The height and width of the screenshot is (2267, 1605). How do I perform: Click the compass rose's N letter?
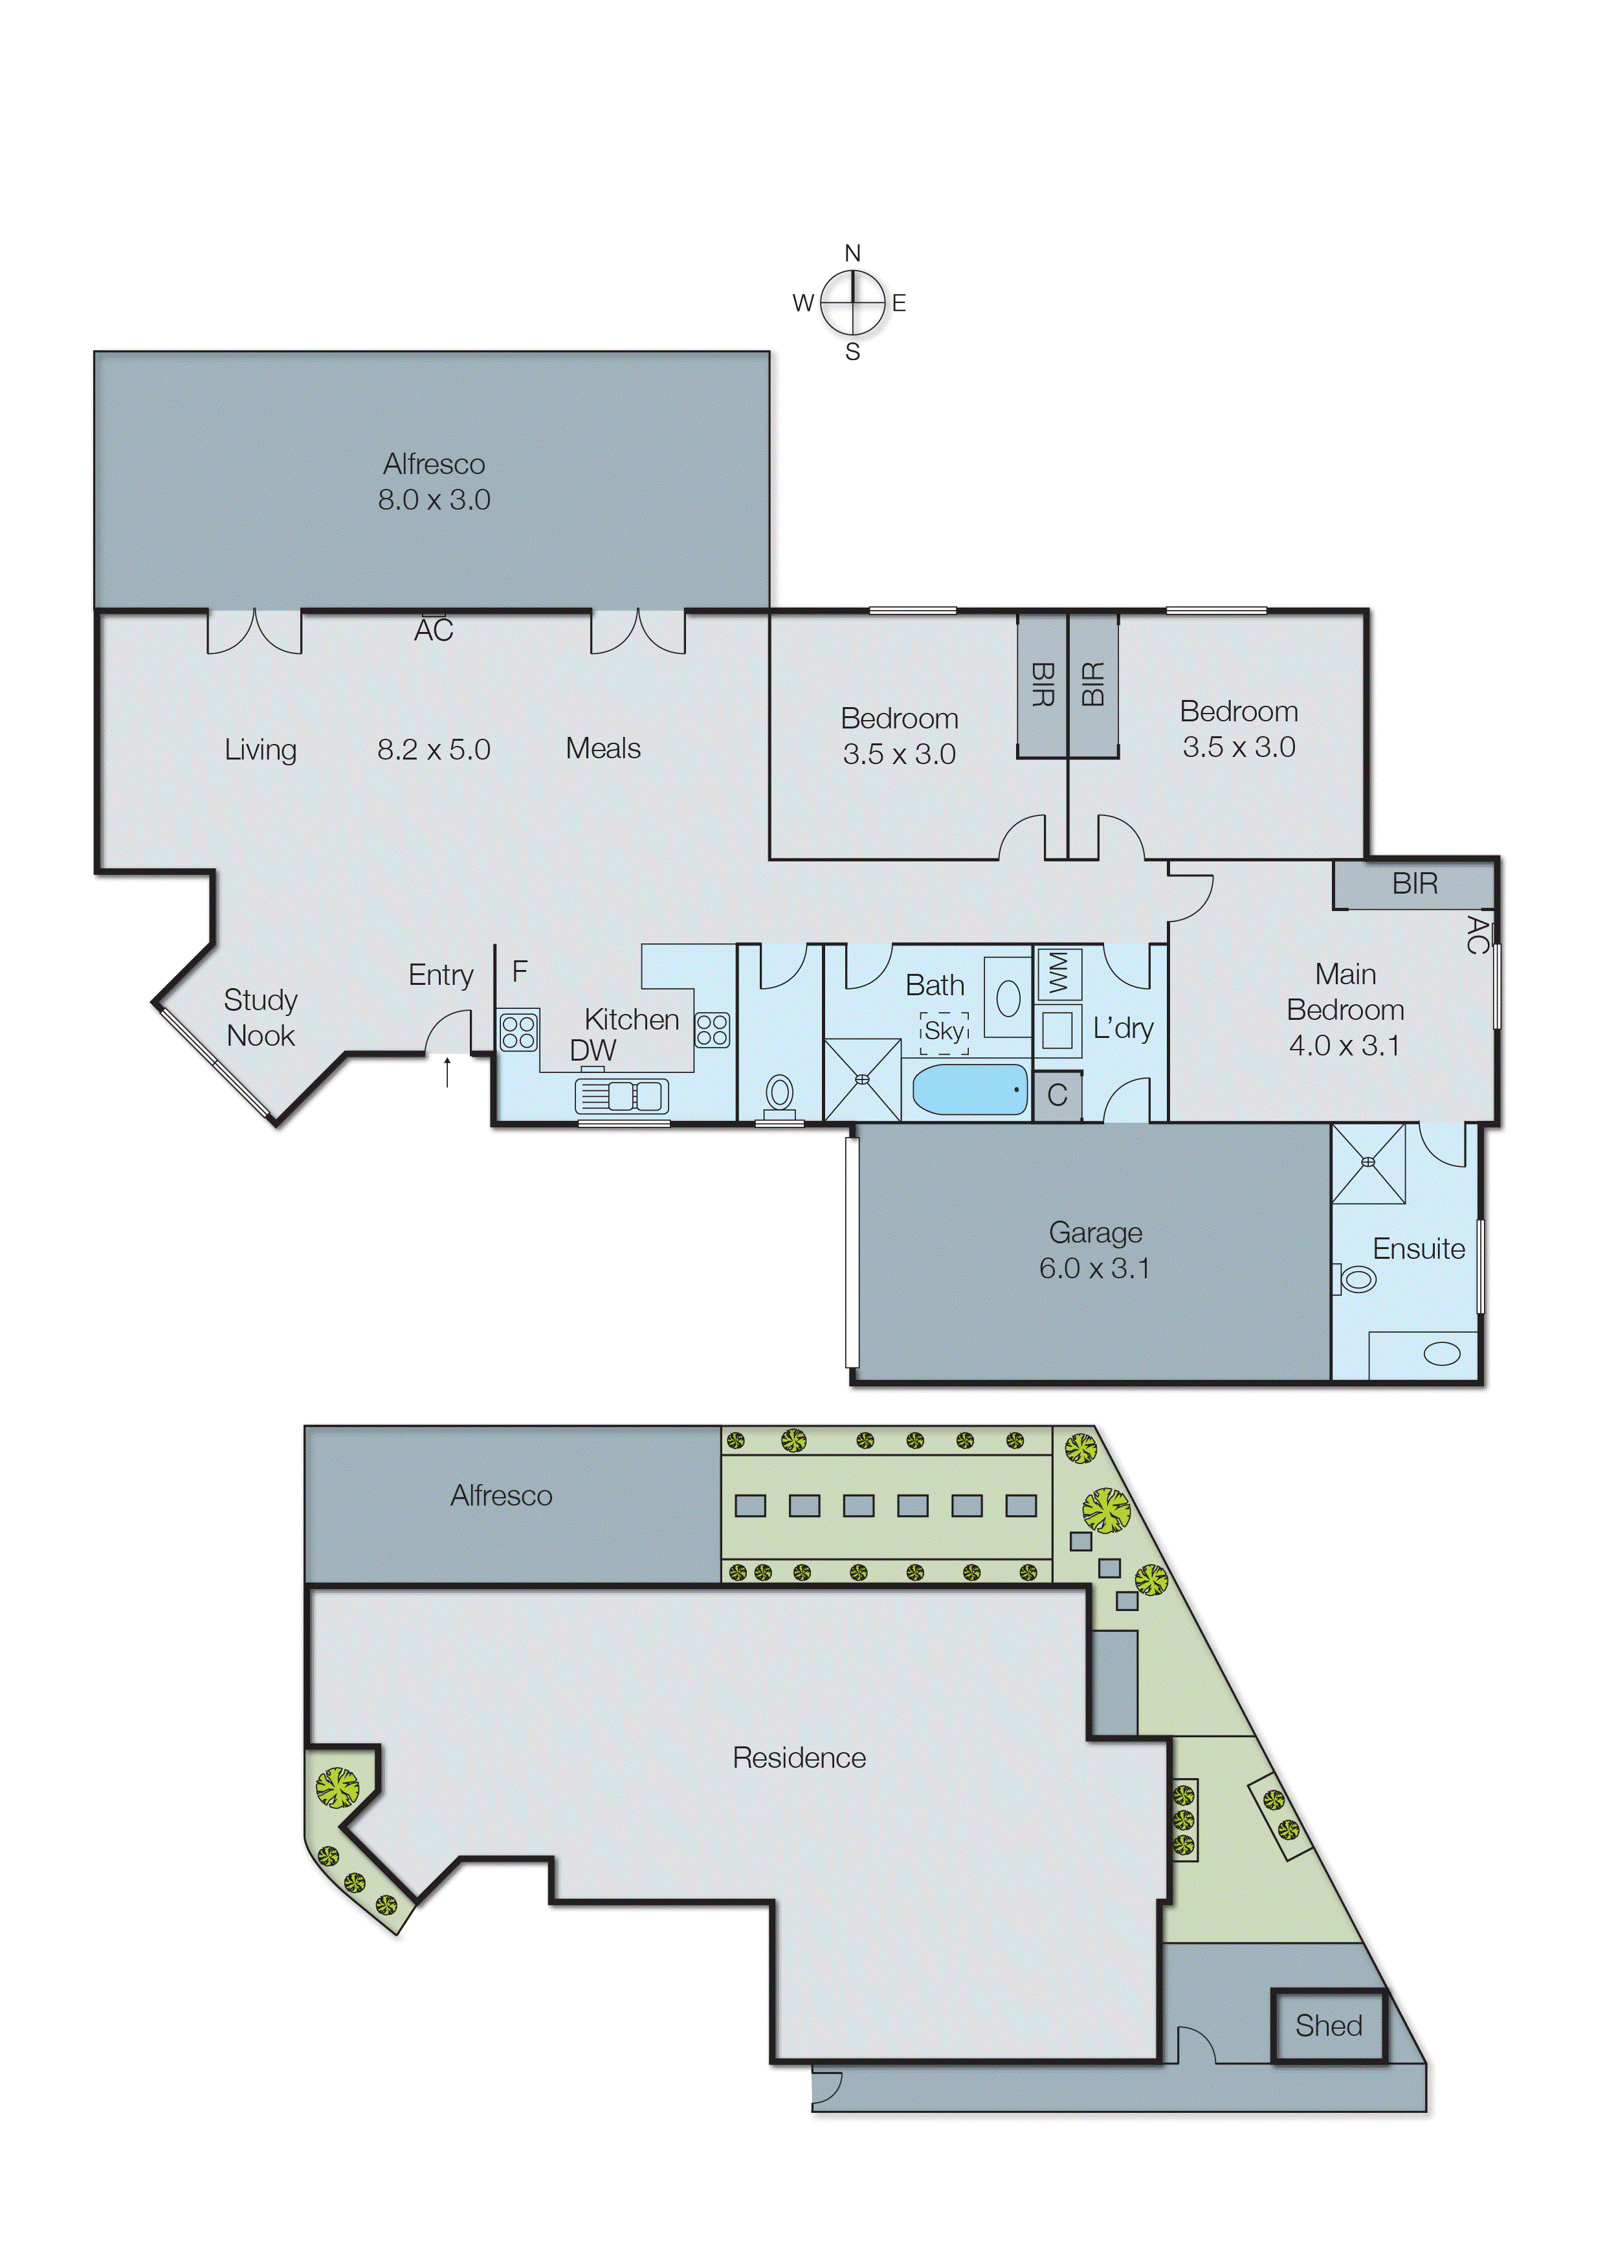[852, 253]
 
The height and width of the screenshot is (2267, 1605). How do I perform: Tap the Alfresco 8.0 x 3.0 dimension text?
[434, 499]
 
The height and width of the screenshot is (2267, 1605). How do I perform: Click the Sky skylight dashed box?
[944, 1032]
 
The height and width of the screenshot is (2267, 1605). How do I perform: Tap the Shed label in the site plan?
[1328, 2025]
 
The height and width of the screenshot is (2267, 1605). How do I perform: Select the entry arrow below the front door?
[448, 1072]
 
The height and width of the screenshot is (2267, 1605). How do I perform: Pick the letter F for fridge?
[520, 972]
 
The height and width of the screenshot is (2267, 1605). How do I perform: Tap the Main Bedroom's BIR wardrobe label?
[1414, 884]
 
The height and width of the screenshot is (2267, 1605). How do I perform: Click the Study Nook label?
[260, 1017]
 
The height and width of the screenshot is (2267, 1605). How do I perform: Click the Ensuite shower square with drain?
[1367, 1163]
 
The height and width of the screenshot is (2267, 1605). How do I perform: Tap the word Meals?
[603, 749]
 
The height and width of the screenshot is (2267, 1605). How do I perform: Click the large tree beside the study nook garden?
[338, 1787]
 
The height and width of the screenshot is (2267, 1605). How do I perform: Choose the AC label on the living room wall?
[433, 631]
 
